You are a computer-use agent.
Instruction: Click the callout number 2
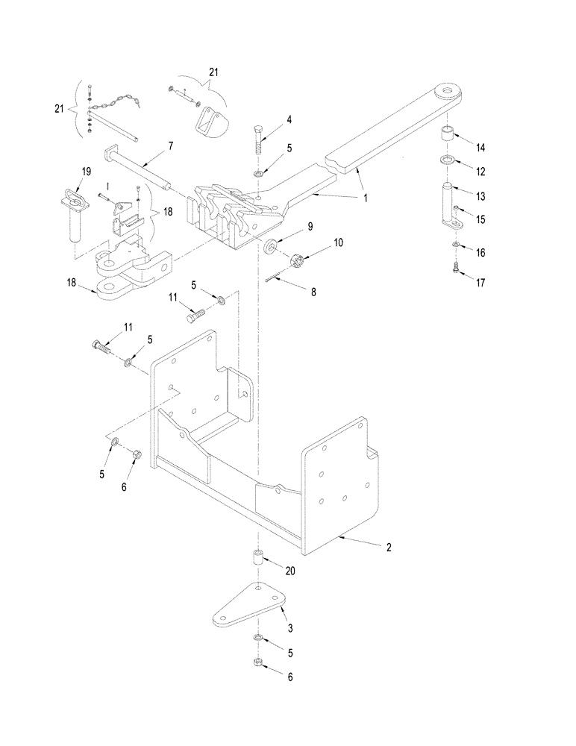[x=389, y=547]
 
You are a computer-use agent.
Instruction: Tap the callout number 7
[x=171, y=145]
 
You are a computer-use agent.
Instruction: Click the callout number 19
[x=86, y=172]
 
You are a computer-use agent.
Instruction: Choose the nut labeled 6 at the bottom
[x=257, y=659]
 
